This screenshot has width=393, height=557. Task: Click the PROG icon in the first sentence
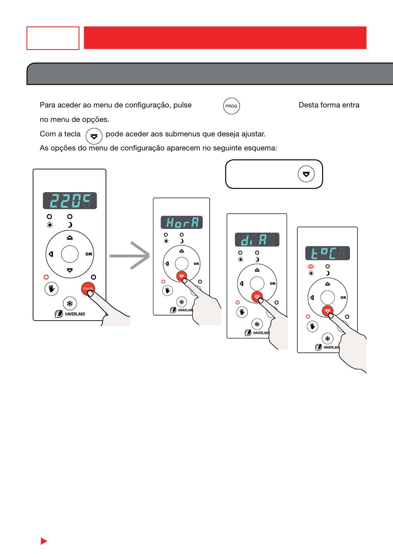tap(231, 106)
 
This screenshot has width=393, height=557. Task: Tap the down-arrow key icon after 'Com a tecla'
tap(94, 136)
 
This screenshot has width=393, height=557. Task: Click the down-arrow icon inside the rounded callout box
tap(306, 174)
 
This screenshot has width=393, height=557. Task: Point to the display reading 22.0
tap(70, 201)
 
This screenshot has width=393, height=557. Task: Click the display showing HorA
tap(182, 223)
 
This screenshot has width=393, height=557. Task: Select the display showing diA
tap(257, 240)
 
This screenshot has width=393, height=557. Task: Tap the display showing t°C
tap(327, 253)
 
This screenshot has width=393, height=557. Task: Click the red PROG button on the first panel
tap(88, 289)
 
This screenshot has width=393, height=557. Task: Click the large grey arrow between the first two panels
tap(129, 256)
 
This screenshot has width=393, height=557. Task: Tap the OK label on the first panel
tap(89, 254)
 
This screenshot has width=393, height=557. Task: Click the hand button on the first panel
tap(51, 289)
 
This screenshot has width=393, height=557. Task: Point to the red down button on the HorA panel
tap(182, 276)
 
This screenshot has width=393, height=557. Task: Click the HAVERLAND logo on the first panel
tap(70, 314)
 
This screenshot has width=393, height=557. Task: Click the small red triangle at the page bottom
tap(44, 541)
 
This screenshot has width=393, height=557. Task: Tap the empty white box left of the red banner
tap(53, 38)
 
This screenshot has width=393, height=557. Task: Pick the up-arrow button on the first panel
tap(69, 238)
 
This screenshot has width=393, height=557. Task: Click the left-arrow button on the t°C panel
tap(312, 298)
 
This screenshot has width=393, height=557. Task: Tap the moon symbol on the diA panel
tap(257, 259)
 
